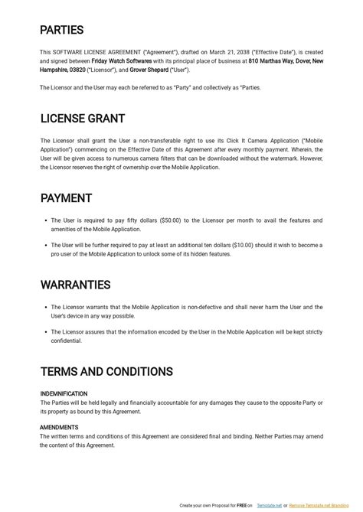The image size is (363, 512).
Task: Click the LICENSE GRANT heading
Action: coord(82,119)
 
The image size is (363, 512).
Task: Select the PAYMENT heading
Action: coord(66,198)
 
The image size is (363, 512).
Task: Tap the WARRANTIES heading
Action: coord(75,285)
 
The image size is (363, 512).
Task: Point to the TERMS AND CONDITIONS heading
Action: coord(106,372)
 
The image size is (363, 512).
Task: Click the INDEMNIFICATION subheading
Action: coord(64,394)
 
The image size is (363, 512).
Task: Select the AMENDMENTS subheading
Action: coord(59,428)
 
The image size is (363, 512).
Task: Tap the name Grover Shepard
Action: coord(149,70)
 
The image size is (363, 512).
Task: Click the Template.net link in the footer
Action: coord(269,506)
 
